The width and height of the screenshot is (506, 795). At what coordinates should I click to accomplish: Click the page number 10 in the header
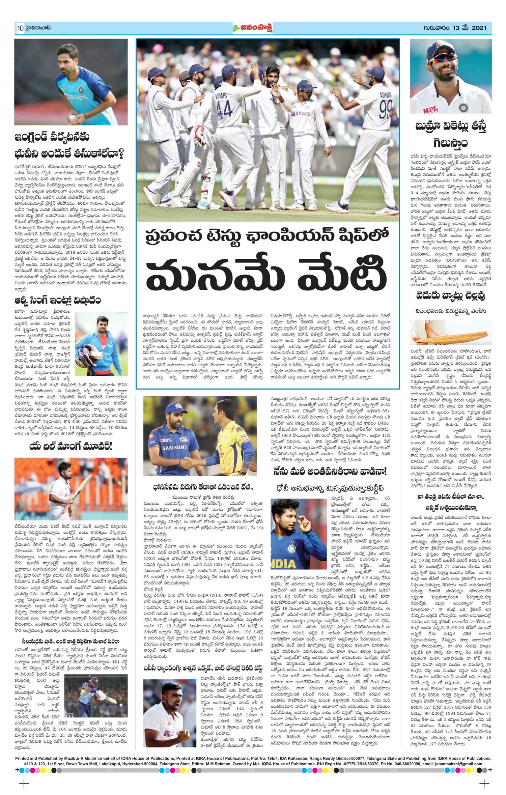click(x=19, y=28)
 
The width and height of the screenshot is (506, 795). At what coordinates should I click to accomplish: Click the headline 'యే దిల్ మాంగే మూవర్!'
click(x=71, y=447)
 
